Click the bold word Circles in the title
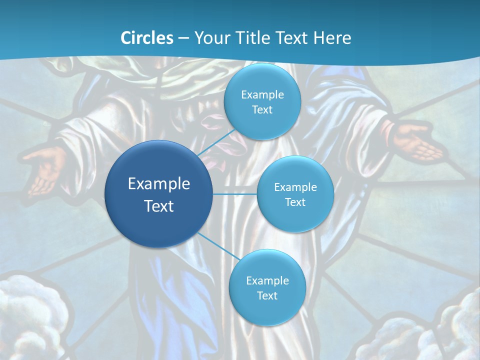coord(147,38)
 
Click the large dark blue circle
coord(159,194)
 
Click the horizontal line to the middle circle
coord(235,194)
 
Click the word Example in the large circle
coord(159,184)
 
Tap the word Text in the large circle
coord(159,206)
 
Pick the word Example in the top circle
coord(262,95)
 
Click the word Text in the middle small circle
coord(295,202)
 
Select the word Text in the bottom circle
coord(267,296)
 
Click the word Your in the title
coord(208,38)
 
